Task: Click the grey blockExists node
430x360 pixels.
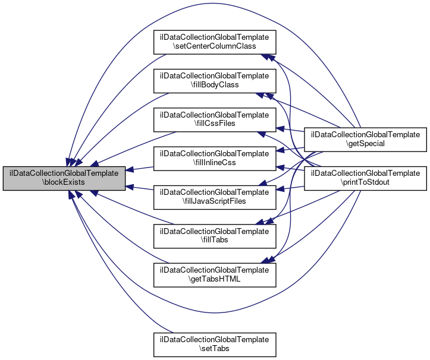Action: (64, 178)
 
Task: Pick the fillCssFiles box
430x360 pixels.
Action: (215, 119)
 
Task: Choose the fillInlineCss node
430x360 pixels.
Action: (215, 157)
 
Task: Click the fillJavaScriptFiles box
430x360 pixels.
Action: (215, 197)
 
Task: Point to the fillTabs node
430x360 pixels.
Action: (215, 235)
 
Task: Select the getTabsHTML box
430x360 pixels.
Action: (215, 274)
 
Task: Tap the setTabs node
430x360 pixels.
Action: (215, 343)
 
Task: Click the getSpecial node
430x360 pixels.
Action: (366, 138)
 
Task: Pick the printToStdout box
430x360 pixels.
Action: (366, 177)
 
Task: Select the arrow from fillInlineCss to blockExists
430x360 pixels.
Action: (140, 169)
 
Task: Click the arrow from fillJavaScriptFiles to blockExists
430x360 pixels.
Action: (140, 188)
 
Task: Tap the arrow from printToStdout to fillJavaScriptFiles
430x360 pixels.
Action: (291, 189)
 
